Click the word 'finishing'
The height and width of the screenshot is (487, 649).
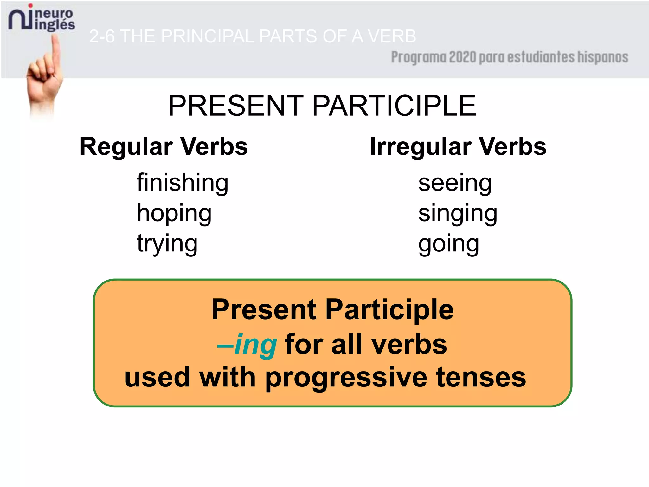pyautogui.click(x=182, y=184)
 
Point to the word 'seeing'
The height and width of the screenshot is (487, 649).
pyautogui.click(x=455, y=184)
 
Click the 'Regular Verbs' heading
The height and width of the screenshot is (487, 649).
pyautogui.click(x=164, y=146)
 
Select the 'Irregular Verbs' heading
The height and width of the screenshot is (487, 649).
pyautogui.click(x=458, y=146)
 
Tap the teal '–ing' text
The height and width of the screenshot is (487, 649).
pyautogui.click(x=247, y=345)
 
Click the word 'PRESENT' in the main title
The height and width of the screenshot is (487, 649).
pyautogui.click(x=236, y=106)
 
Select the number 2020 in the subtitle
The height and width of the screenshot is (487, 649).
pyautogui.click(x=462, y=57)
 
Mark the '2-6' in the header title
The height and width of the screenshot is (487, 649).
pyautogui.click(x=102, y=36)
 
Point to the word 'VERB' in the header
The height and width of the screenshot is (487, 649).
pyautogui.click(x=392, y=36)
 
